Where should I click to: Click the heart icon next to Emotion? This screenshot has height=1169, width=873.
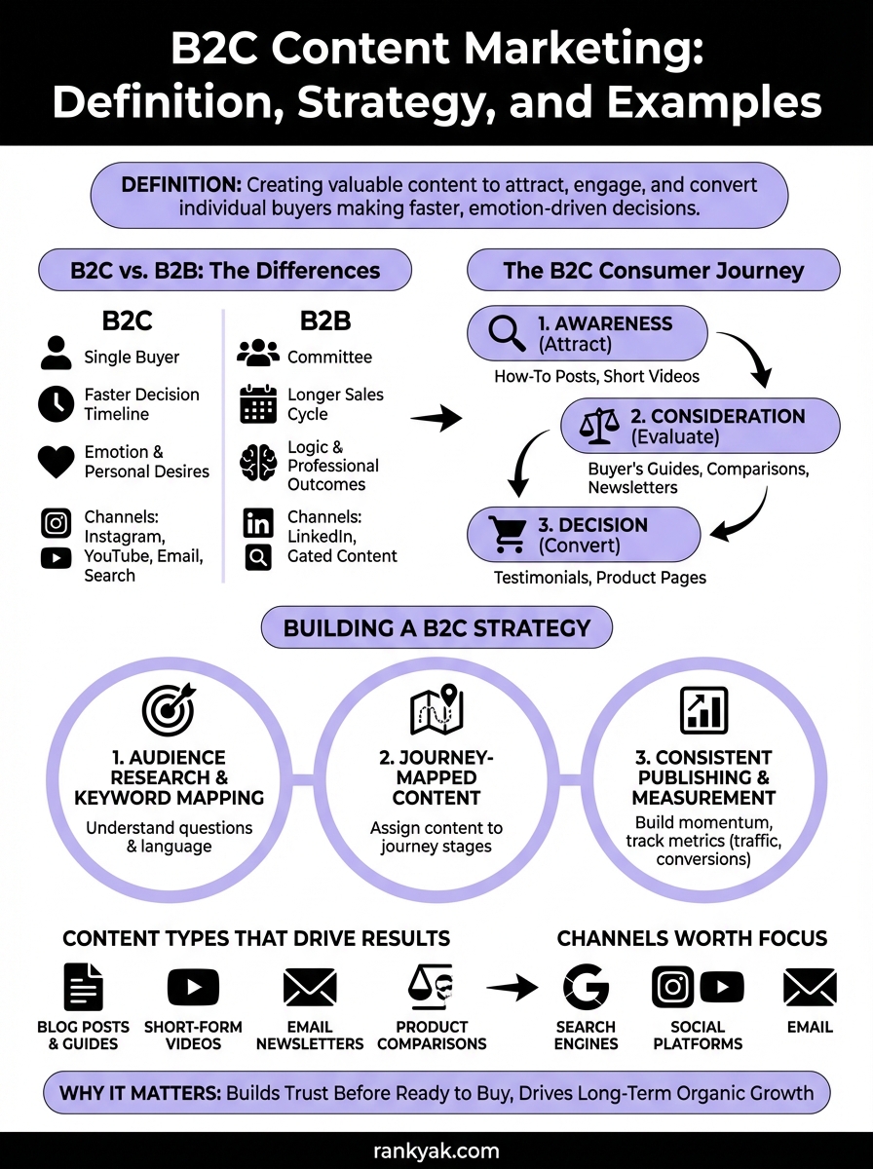tap(57, 462)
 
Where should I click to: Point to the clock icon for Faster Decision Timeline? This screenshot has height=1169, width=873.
tap(57, 403)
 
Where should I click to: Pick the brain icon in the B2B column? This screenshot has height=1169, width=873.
tap(258, 465)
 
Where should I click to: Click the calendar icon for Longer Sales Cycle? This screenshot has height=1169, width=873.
tap(258, 403)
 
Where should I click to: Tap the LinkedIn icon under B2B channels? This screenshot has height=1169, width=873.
tap(258, 525)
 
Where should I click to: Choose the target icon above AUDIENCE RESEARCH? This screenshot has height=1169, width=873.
tap(169, 709)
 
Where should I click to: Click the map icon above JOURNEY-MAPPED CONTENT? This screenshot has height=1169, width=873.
tap(436, 709)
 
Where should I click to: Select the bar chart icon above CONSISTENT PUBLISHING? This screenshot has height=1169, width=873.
tap(703, 709)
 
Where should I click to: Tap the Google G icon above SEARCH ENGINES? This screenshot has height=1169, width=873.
tap(586, 988)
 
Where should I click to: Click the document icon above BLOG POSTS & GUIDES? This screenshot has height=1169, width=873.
tap(83, 988)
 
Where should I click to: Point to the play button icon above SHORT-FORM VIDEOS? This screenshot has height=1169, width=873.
tap(193, 988)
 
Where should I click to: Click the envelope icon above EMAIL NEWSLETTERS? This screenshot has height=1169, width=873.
tap(310, 988)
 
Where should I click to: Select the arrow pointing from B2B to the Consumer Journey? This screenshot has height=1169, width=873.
tap(435, 419)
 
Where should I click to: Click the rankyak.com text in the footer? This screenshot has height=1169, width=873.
tap(436, 1150)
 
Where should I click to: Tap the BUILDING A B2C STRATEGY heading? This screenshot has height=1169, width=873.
tap(436, 628)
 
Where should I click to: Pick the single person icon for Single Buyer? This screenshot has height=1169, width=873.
tap(57, 353)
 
